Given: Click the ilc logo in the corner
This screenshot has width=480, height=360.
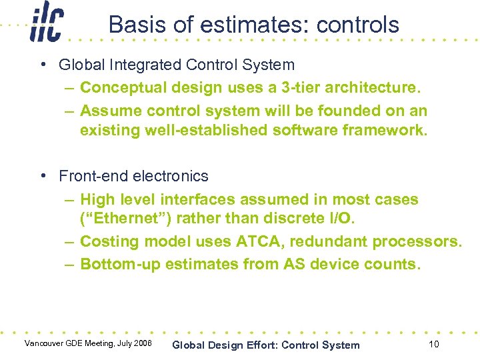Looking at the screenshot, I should pyautogui.click(x=46, y=23).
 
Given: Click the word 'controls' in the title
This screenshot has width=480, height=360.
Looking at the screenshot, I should pyautogui.click(x=357, y=25).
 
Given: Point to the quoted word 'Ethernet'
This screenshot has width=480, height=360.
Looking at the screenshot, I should pyautogui.click(x=118, y=219).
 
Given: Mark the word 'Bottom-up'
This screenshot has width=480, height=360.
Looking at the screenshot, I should pyautogui.click(x=120, y=264).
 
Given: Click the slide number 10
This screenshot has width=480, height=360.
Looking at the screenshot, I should pyautogui.click(x=433, y=344).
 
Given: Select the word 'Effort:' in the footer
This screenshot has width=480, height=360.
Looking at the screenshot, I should pyautogui.click(x=257, y=345).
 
